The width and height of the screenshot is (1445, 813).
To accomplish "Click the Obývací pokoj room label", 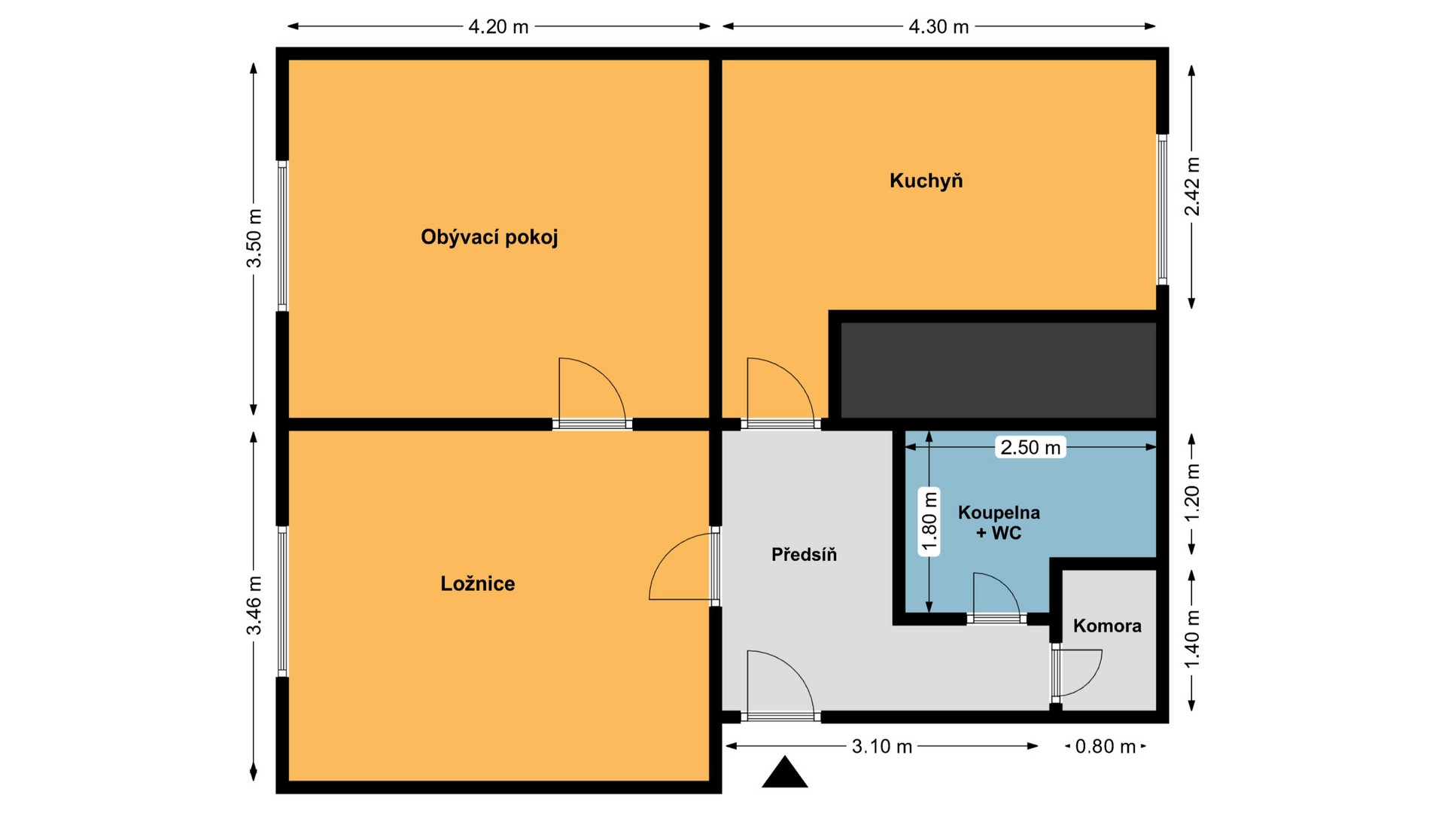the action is click(x=489, y=238).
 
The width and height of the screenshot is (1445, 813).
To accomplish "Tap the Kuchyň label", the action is click(x=926, y=181).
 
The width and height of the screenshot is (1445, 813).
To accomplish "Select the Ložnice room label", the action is click(x=478, y=583).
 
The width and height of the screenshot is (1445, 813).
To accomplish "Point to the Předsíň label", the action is click(x=804, y=555).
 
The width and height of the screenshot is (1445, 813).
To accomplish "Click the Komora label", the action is click(x=1107, y=626).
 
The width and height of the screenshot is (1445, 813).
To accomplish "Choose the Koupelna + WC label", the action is click(x=999, y=522).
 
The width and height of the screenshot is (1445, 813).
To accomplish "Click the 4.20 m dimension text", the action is click(x=498, y=27).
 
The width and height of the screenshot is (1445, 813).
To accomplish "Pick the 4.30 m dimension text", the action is click(x=938, y=27).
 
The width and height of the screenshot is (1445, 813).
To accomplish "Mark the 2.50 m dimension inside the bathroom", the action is click(x=1030, y=447).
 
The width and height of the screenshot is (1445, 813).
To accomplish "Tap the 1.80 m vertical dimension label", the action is click(x=930, y=522).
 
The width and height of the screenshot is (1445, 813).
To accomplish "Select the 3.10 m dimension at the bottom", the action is click(x=882, y=746).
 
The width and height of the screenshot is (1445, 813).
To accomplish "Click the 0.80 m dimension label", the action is click(x=1106, y=746).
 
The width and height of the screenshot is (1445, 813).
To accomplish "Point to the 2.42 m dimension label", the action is click(x=1192, y=186).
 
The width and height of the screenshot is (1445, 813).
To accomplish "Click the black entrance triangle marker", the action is click(x=785, y=774).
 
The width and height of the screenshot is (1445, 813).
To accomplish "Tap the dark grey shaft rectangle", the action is click(x=998, y=370).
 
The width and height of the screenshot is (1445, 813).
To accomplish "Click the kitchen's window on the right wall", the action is click(x=1162, y=209).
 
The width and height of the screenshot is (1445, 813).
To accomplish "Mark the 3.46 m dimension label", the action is click(x=254, y=605).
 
